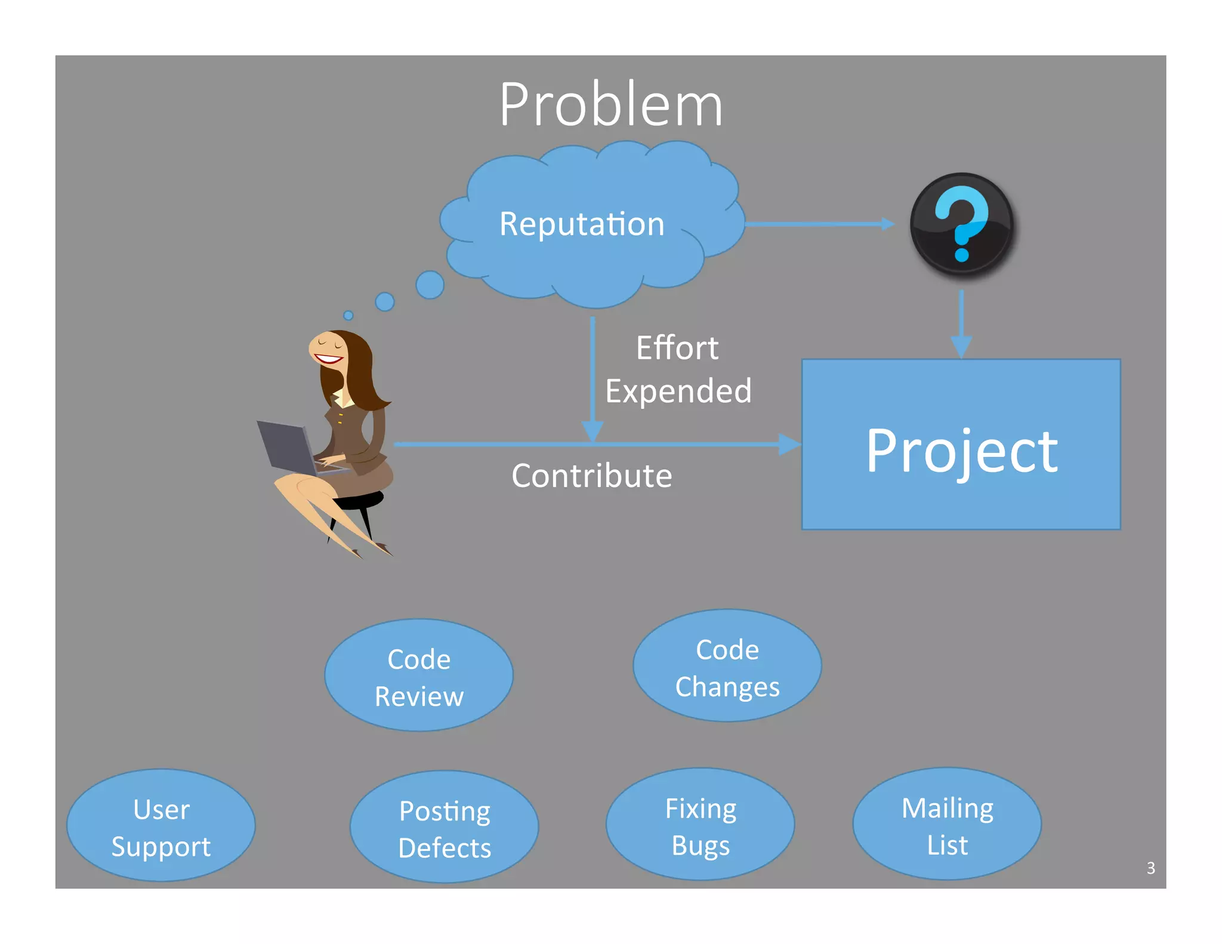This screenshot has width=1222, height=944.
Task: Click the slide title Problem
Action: pos(610,105)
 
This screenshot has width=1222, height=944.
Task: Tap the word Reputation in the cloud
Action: pos(582,224)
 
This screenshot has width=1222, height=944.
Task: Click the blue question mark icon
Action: pos(961,224)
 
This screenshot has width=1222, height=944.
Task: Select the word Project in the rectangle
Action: pos(961,451)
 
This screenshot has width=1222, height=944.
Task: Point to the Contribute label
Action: pos(591,476)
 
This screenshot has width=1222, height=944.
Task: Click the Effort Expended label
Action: pos(678,369)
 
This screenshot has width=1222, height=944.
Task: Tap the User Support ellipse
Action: pos(161,826)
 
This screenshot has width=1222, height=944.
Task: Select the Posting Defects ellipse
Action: pos(445,828)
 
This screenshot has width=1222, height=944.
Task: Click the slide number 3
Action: pos(1150,868)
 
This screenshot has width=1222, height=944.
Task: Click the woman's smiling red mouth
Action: pos(328,359)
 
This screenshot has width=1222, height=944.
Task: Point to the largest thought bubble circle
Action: pos(430,285)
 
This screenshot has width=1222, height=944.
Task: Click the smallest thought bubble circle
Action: pos(348,315)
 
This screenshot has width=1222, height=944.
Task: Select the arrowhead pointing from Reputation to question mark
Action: pos(888,224)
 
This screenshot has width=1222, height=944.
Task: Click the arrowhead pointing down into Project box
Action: pos(961,346)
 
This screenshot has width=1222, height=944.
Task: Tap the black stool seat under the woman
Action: pos(362,500)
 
